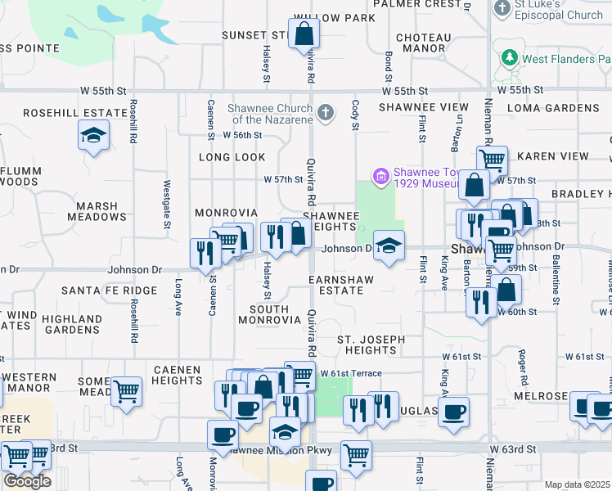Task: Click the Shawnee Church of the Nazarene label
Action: click(x=259, y=114)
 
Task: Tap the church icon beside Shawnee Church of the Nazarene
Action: click(x=326, y=113)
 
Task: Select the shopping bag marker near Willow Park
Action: click(x=304, y=34)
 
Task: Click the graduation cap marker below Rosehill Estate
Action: click(x=93, y=135)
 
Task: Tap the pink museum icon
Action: click(x=380, y=176)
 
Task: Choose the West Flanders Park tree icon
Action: click(x=510, y=59)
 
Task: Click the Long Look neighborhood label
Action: click(x=233, y=157)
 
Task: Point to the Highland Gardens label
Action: click(x=73, y=324)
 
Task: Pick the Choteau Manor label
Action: click(x=423, y=43)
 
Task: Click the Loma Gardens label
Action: click(x=553, y=108)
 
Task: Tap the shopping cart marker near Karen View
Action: click(x=493, y=160)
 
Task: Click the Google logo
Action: click(x=27, y=480)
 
